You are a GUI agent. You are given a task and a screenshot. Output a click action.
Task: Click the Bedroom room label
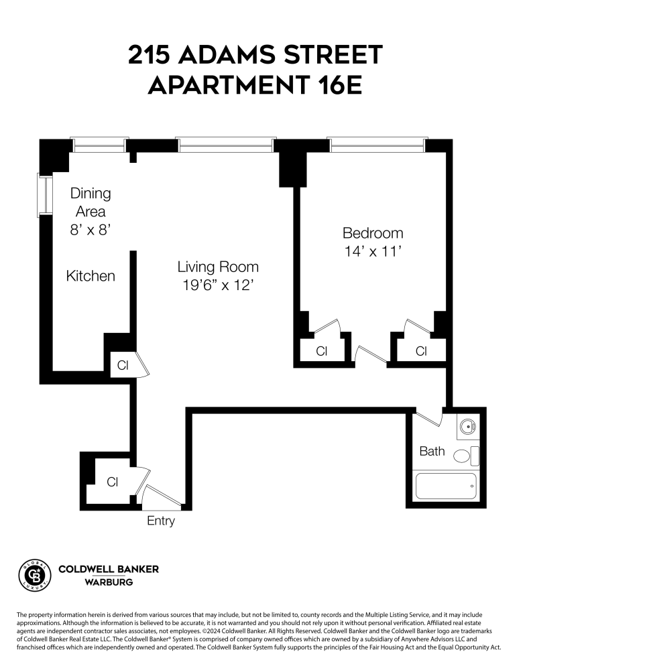(373, 233)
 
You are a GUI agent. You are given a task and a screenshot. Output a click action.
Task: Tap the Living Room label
(218, 267)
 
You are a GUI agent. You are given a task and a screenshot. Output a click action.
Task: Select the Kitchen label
(91, 276)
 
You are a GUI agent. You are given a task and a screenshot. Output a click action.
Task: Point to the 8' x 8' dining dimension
(91, 229)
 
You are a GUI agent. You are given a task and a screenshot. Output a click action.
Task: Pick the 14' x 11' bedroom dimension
(373, 252)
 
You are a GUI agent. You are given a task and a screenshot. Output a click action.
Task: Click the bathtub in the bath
(446, 486)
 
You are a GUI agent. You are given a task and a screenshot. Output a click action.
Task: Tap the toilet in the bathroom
(465, 456)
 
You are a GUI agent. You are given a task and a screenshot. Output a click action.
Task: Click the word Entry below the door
(161, 521)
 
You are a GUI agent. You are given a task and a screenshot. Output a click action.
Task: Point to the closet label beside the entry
(113, 481)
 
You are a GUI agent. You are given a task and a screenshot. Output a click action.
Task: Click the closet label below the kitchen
(123, 365)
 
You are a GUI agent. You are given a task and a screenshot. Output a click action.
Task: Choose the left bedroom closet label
(322, 351)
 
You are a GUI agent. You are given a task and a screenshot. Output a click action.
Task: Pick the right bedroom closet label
(421, 351)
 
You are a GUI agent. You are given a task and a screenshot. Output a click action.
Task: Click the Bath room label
(432, 451)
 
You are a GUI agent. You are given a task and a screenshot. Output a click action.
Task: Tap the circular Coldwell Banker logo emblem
(35, 574)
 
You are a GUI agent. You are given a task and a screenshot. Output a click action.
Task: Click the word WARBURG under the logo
(109, 582)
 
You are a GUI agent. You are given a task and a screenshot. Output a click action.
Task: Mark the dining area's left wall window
(44, 195)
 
